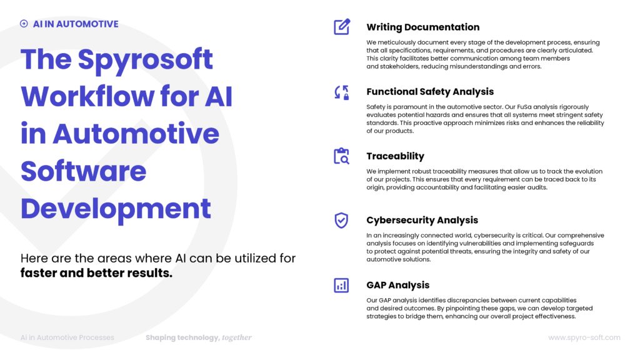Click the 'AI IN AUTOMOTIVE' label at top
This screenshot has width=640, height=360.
click(76, 24)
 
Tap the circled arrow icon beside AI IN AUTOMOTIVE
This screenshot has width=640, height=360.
click(24, 24)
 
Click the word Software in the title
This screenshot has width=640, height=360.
click(84, 171)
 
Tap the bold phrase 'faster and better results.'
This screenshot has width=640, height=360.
click(96, 272)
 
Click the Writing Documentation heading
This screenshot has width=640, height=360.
click(422, 27)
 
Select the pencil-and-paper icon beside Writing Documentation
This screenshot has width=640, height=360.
click(341, 27)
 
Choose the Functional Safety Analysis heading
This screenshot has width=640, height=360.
click(430, 92)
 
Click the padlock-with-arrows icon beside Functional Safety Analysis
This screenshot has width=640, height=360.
click(341, 92)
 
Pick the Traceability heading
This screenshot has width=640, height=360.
click(395, 156)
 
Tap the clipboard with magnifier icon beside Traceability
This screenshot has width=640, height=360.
click(341, 156)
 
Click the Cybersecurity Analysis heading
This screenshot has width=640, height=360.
click(422, 220)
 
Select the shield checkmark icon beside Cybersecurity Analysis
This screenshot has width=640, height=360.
click(341, 220)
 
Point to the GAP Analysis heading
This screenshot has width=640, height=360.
click(397, 285)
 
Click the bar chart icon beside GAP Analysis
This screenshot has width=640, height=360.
click(341, 286)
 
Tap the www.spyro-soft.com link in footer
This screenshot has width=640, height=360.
click(584, 337)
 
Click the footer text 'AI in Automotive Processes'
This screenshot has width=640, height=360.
click(67, 337)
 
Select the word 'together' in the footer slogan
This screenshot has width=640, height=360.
click(237, 337)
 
